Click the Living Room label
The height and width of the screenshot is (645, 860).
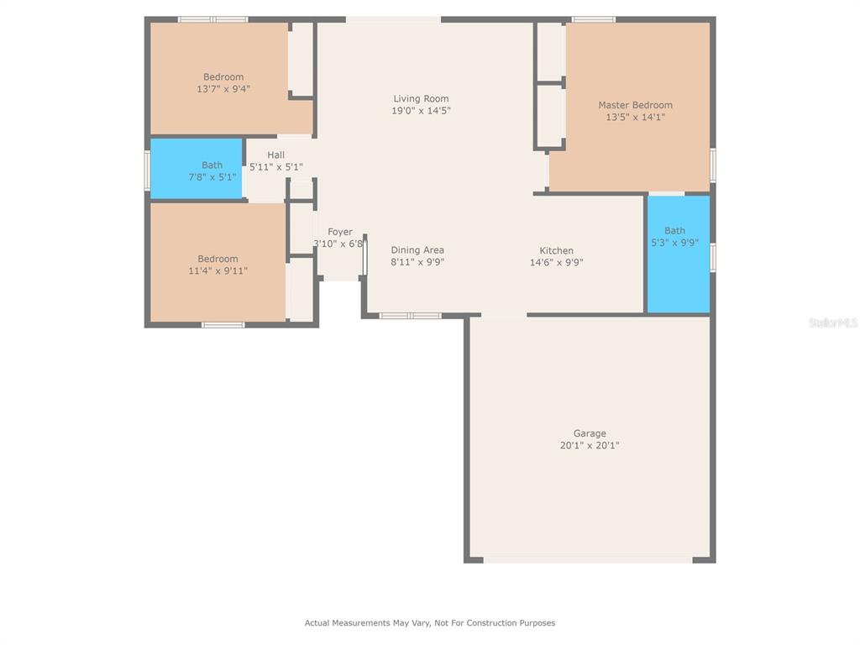coord(421,99)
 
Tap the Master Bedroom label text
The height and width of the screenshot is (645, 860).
coord(635,105)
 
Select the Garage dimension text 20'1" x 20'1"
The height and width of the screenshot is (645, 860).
coord(590,445)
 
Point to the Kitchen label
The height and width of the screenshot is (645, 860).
coord(556,250)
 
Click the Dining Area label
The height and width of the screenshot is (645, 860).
coord(417,250)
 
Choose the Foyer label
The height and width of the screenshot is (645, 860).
coord(340,232)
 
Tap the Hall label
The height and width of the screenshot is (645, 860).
coord(275,155)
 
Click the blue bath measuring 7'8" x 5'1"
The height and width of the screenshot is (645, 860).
coord(197,168)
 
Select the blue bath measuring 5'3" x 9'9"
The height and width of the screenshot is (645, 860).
coord(679,254)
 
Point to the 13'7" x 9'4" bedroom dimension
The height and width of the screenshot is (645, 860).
coord(223,89)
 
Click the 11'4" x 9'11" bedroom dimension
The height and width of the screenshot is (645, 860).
coord(218,271)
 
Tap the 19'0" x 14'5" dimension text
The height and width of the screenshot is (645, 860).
coord(421,111)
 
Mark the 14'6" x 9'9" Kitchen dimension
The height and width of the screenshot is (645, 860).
coord(556,263)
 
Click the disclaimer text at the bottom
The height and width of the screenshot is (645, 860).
coord(430,623)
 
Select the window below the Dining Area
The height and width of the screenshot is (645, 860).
coord(410,316)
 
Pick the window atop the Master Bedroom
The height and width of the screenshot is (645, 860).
coord(594,20)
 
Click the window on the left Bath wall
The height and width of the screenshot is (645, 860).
coord(147,170)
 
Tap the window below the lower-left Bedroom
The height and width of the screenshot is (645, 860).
coord(223,325)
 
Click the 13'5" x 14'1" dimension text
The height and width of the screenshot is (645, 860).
coord(635,118)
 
